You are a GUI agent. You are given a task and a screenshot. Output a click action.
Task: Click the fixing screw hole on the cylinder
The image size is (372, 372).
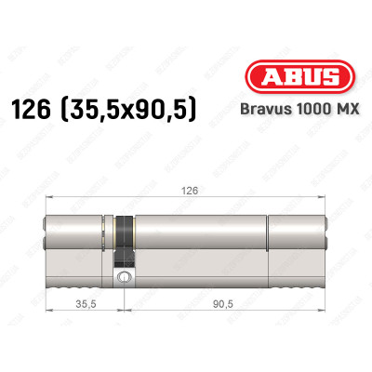[121, 276]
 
